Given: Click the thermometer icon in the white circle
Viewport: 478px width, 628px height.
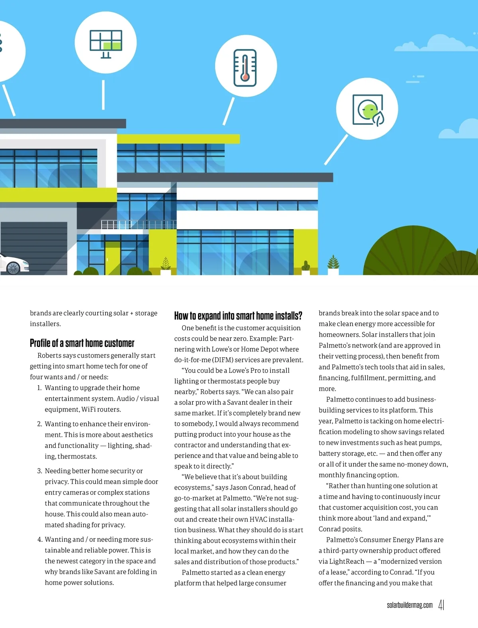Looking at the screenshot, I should pos(245,68).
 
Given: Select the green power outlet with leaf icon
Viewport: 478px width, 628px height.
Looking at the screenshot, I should pos(368,110).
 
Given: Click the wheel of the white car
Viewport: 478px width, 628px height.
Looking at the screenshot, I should pos(13,268).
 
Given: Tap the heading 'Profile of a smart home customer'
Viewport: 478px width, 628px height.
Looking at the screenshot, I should pos(82,343).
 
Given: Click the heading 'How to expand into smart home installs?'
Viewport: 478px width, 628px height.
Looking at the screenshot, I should pos(238,316).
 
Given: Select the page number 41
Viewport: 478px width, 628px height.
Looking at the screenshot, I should pos(441,605).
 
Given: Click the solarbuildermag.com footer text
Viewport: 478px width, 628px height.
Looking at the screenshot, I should pos(409,605).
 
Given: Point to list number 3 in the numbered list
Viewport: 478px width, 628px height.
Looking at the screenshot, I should pos(39,471).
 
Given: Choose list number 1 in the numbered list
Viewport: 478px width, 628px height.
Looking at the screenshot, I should pos(39,388).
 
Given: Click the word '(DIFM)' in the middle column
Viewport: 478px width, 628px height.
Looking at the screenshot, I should pos(223,360).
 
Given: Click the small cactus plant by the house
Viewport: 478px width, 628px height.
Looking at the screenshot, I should pos(306,265).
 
